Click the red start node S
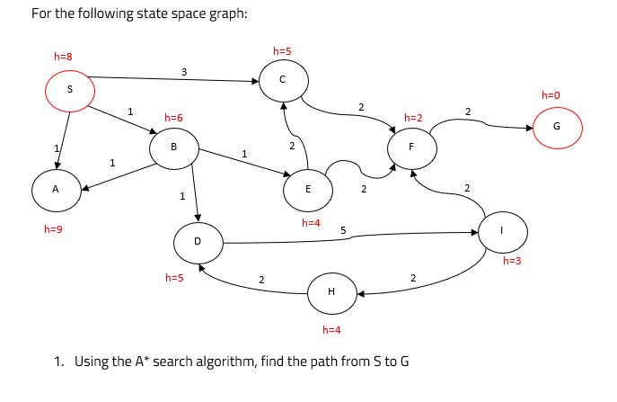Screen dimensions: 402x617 [70, 89]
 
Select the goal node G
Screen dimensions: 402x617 [557, 127]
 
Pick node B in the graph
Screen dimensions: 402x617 [173, 147]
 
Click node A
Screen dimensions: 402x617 [55, 190]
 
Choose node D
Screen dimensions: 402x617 [198, 241]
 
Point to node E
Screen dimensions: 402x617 [308, 190]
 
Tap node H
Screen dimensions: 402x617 [331, 292]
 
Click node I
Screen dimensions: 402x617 [502, 231]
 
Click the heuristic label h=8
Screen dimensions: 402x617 [63, 57]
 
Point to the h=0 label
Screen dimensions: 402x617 [550, 94]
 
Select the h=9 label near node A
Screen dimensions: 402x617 [53, 229]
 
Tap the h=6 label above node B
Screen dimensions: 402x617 [173, 118]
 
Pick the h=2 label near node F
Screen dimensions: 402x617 [413, 118]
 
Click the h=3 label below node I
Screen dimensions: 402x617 [512, 261]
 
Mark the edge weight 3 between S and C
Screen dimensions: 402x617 [184, 71]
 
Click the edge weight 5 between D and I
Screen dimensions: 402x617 [343, 230]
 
